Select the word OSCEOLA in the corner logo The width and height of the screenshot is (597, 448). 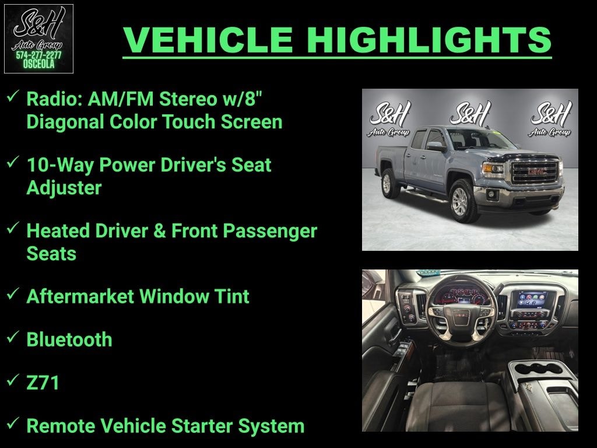(x=38, y=64)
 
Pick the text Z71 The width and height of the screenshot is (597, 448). (x=43, y=383)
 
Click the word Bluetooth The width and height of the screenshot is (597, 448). (x=69, y=339)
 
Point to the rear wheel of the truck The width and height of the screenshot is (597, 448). (x=387, y=183)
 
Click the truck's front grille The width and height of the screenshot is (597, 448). (x=533, y=172)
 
